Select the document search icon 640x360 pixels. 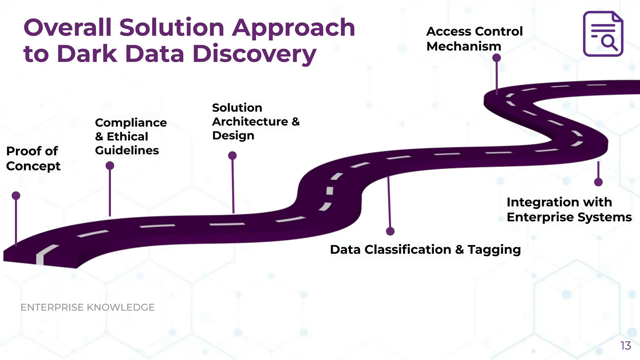603,34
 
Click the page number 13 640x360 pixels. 626,346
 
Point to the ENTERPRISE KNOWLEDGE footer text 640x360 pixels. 87,307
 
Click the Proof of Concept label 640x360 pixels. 33,158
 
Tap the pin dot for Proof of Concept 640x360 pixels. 16,196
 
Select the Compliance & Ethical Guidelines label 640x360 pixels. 131,137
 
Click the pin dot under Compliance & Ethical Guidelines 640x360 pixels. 110,166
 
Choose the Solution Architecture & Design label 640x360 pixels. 256,122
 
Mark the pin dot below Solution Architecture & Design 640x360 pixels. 232,156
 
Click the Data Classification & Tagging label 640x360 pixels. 425,249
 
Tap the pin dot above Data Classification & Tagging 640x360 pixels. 390,231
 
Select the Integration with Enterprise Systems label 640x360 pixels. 569,210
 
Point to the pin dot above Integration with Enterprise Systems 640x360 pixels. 598,182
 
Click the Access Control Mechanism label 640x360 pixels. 474,39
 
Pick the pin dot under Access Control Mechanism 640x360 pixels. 497,58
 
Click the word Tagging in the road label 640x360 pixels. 494,250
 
